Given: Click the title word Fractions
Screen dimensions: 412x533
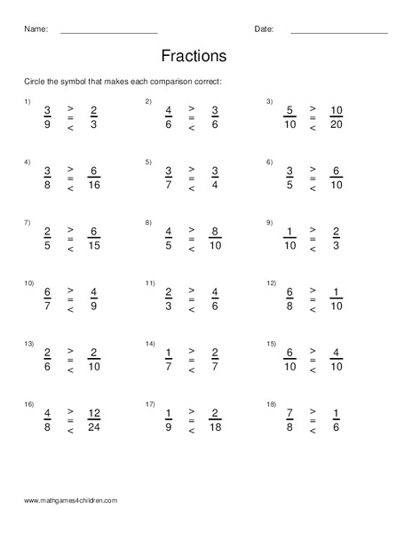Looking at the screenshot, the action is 194,56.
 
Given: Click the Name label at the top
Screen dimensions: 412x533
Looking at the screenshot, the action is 36,29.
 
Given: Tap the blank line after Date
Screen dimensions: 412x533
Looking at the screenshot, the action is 338,32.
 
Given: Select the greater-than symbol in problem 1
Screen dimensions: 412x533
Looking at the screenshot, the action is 71,108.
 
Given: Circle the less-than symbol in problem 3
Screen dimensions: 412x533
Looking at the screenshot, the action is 313,130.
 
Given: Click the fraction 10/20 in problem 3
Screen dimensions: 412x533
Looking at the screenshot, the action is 337,118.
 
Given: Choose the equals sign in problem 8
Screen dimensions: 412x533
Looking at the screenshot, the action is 191,239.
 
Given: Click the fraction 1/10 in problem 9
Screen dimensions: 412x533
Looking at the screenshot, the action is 289,239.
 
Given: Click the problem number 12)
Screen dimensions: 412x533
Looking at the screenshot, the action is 271,282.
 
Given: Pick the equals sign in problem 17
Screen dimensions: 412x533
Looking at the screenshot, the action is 191,420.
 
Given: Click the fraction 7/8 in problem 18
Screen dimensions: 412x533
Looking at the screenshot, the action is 289,420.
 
